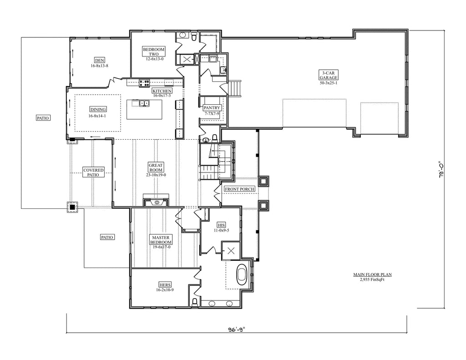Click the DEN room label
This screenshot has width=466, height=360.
pos(100,61)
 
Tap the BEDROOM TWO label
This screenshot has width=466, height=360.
pos(154,52)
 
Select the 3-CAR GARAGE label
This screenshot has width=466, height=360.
pos(329,75)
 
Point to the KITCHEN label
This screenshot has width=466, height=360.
pos(162,91)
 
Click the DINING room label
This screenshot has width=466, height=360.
pos(98,109)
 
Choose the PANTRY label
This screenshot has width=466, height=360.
pos(212,108)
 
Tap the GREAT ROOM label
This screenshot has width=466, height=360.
pos(156,167)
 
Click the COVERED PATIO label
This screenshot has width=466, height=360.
pos(93,172)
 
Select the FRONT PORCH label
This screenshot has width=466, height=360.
pos(239,189)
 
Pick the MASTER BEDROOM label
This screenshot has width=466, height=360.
pos(161,240)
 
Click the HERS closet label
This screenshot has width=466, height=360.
pos(165,285)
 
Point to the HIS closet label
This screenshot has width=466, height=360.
pos(221,225)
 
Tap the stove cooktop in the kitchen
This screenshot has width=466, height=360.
pos(144,83)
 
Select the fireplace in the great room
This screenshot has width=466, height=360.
pos(157,202)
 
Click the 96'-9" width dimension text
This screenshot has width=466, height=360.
pos(236,330)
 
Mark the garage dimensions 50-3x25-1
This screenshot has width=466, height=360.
pos(329,83)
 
